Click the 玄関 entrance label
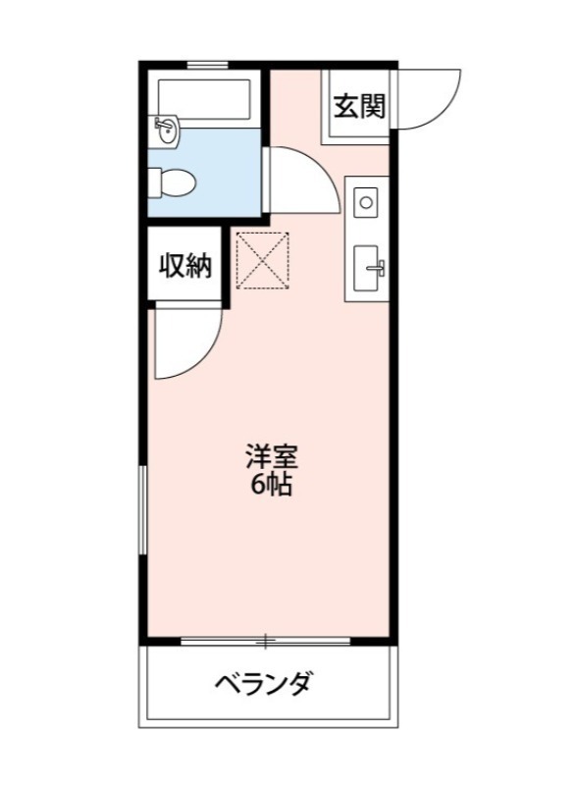(x=358, y=106)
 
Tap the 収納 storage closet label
(x=185, y=265)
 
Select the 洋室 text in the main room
(x=270, y=456)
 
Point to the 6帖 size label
(x=270, y=484)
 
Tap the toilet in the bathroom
(x=173, y=182)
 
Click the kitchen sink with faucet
(x=368, y=267)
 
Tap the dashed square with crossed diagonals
(x=262, y=261)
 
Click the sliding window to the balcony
(x=265, y=642)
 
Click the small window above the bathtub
(x=207, y=66)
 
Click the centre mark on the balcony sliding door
(x=265, y=642)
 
